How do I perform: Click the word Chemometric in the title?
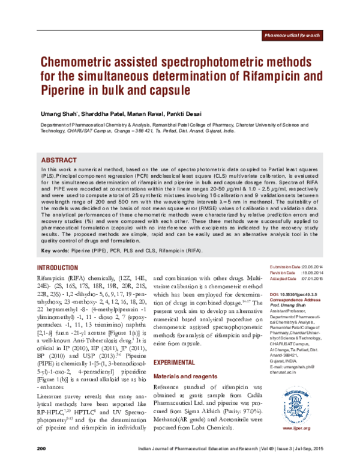pyautogui.click(x=79, y=62)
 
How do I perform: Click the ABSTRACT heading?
pyautogui.click(x=58, y=161)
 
